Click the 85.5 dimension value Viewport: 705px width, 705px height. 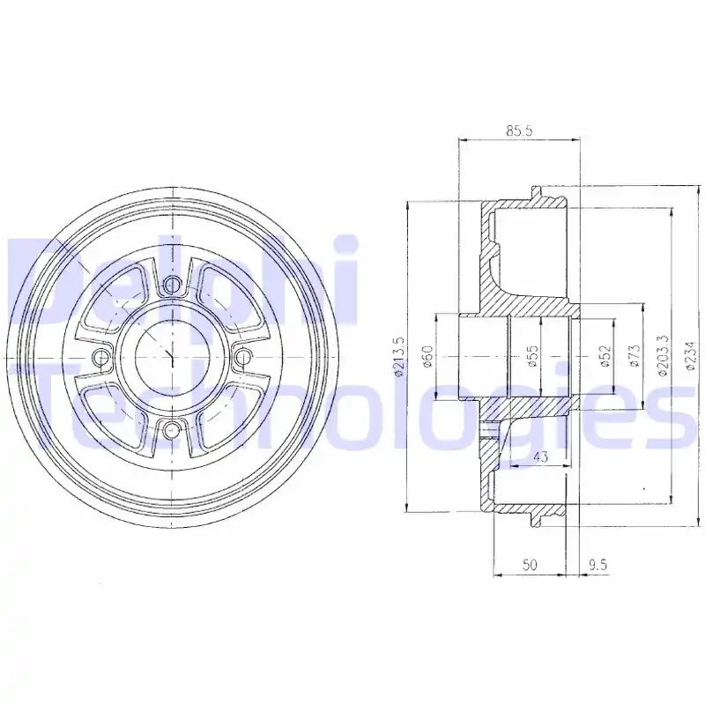(519, 130)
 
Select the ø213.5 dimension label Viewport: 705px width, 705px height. (399, 358)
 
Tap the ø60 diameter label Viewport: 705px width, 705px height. (427, 358)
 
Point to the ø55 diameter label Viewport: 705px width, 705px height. (533, 358)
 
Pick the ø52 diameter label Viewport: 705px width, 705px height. (605, 358)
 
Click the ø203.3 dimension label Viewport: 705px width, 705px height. (664, 356)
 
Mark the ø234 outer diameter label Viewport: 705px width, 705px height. (692, 355)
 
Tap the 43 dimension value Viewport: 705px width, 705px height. (541, 456)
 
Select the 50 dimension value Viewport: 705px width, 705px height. (531, 564)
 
